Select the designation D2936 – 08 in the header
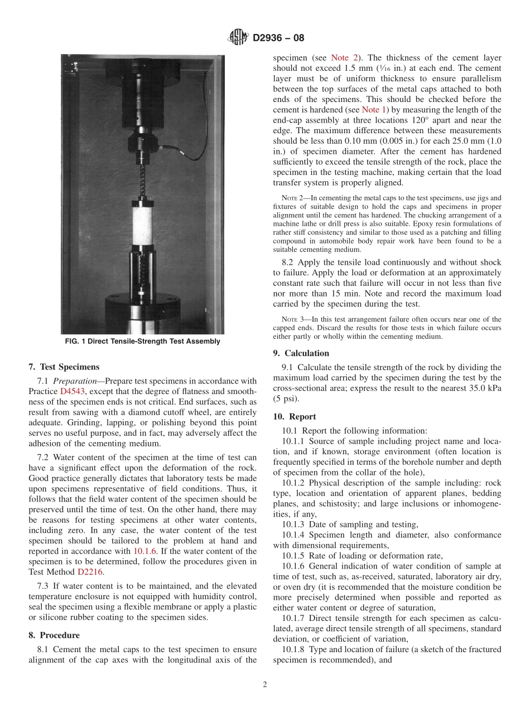pyautogui.click(x=278, y=38)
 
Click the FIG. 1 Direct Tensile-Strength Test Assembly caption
pyautogui.click(x=142, y=342)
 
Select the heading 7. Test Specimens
pyautogui.click(x=64, y=367)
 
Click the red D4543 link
pyautogui.click(x=71, y=392)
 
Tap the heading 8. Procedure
pyautogui.click(x=54, y=635)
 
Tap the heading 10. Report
pyautogui.click(x=295, y=416)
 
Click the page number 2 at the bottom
pyautogui.click(x=265, y=685)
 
